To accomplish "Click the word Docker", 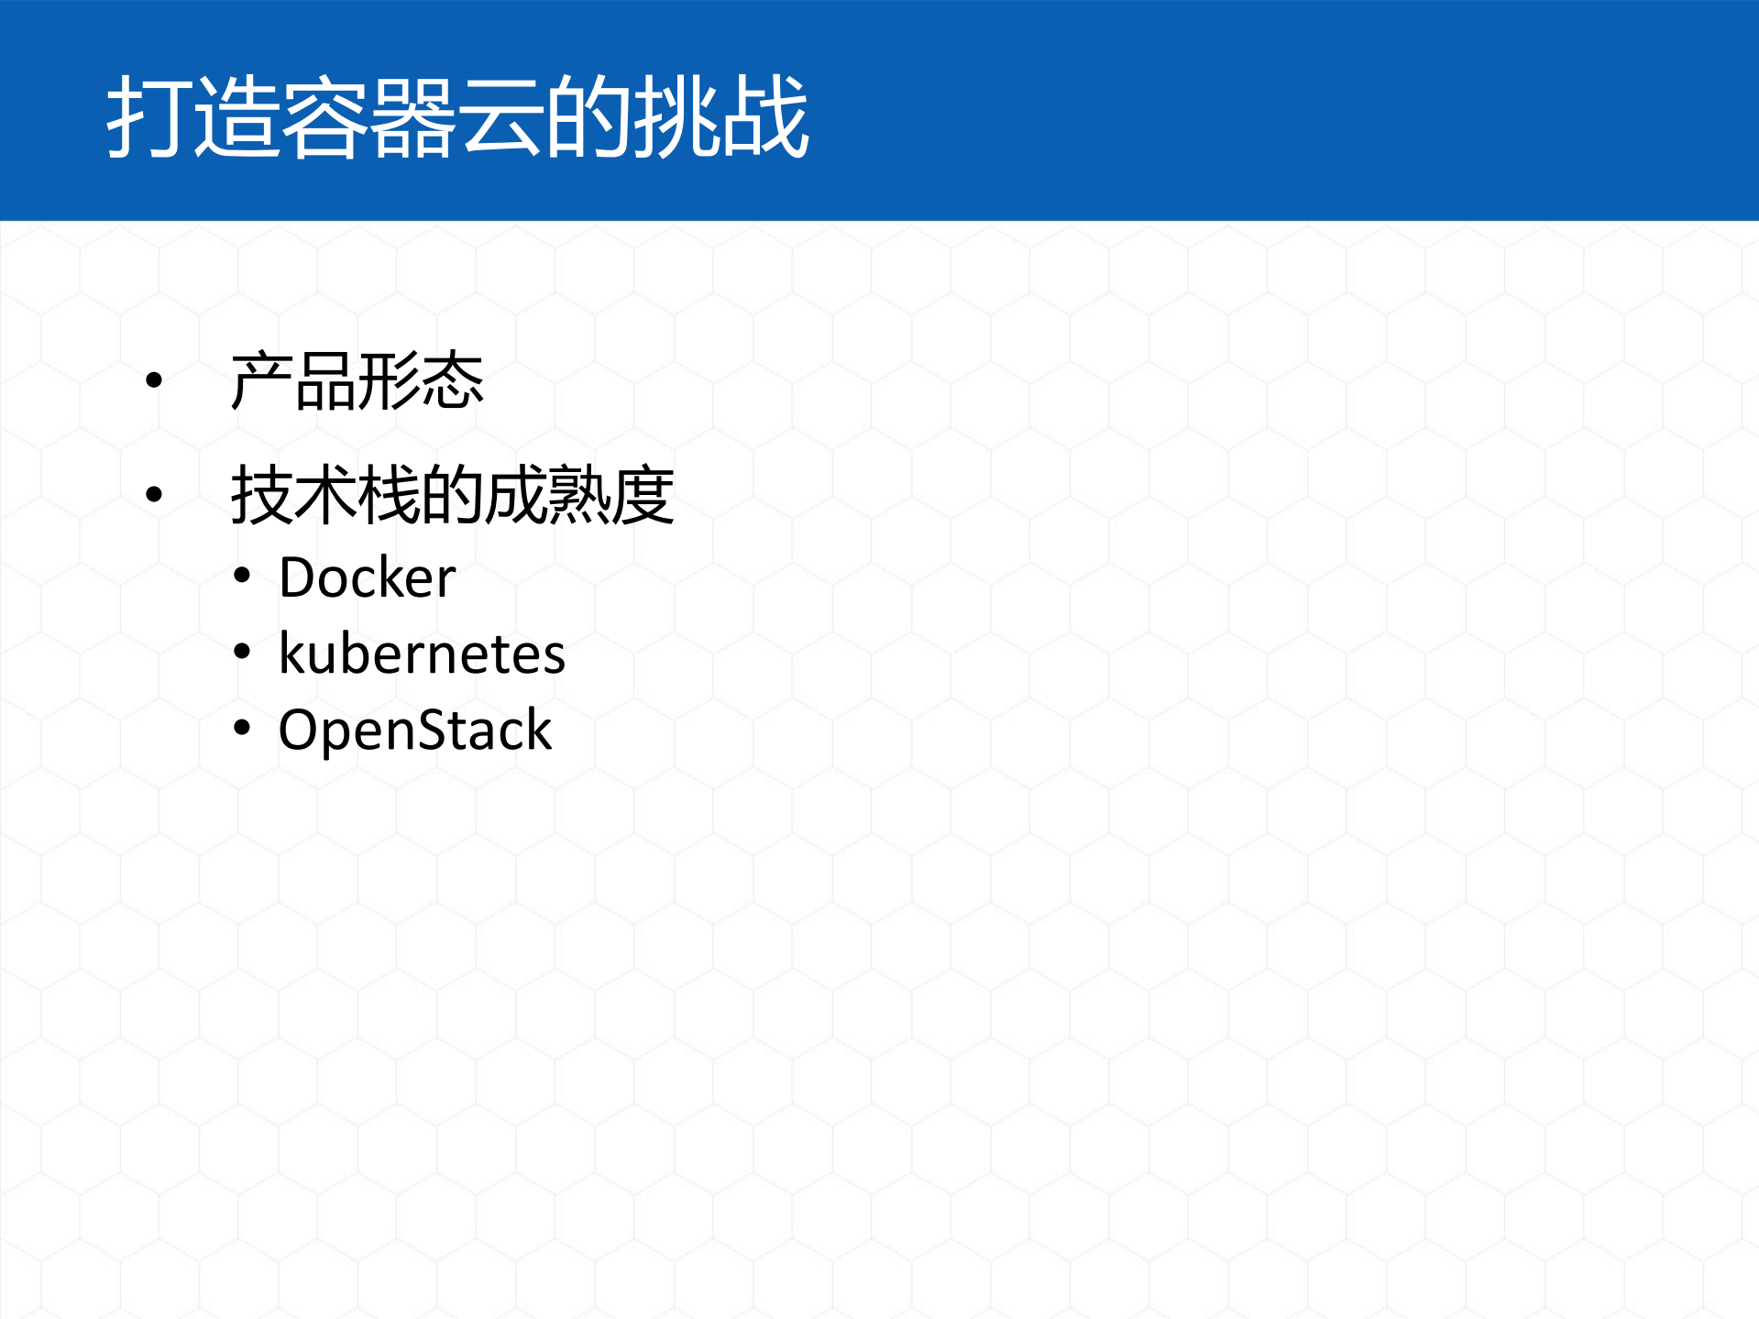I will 367,577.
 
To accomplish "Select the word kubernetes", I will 422,654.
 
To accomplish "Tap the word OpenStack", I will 414,731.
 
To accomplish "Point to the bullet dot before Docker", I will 242,576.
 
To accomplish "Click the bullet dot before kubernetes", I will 242,652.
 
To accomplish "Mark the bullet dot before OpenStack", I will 242,729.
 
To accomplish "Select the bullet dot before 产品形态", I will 154,379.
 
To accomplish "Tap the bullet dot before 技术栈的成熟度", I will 154,495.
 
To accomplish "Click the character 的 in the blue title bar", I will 589,117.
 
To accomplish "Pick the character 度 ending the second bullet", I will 643,495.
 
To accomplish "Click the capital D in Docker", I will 297,577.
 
